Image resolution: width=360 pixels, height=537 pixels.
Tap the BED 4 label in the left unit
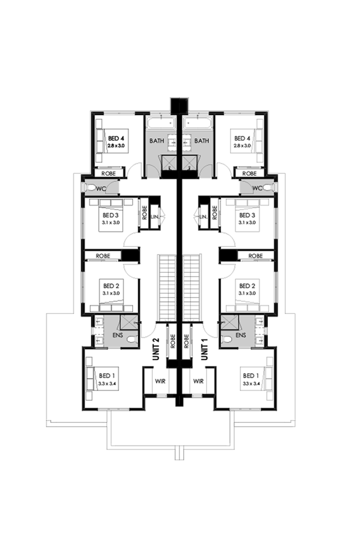point(116,138)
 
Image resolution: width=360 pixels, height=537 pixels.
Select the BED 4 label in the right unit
point(243,138)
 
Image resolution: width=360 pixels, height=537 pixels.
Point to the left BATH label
point(156,140)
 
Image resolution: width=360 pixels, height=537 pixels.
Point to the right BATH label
point(202,140)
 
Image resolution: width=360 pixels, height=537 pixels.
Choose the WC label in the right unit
point(258,188)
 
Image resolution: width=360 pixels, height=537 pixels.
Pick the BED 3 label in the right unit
point(247,215)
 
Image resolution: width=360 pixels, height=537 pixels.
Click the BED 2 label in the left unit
point(112,286)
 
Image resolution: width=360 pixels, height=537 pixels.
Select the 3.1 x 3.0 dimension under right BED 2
point(247,293)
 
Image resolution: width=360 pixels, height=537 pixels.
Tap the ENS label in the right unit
point(241,336)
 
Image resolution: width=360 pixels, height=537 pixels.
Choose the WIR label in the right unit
point(198,382)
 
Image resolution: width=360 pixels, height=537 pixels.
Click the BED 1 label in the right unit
point(251,375)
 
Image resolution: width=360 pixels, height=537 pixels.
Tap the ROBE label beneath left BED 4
point(109,174)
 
